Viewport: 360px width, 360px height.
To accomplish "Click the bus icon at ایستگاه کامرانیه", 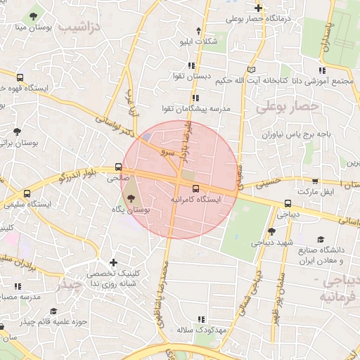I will click(x=195, y=188).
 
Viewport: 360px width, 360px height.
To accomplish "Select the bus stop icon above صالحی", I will click(x=118, y=168).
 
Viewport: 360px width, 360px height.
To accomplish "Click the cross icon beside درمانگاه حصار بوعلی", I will click(x=258, y=8).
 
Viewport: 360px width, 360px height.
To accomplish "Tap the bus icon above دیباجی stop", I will click(x=287, y=204).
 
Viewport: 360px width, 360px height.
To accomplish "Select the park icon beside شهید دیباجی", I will click(x=271, y=231).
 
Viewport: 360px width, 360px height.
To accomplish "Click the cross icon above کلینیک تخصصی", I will click(x=113, y=262).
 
